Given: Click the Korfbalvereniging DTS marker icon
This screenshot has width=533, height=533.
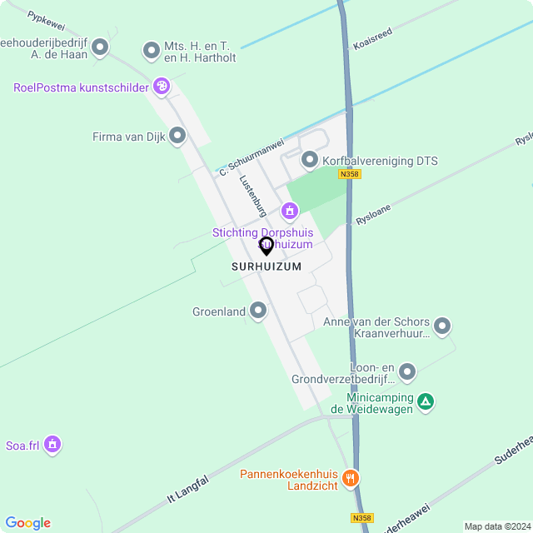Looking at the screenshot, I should click(310, 159).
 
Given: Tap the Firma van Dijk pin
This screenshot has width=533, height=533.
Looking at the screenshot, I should click(177, 135).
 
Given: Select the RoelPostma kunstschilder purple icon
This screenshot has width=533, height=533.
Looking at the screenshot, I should click(162, 86).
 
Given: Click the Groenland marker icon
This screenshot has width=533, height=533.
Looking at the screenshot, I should click(258, 311).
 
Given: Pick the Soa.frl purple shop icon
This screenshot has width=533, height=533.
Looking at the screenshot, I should click(52, 445).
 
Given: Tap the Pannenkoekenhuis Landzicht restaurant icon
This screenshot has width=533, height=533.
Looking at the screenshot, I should click(351, 478).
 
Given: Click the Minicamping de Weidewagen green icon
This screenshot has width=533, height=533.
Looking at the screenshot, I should click(426, 402).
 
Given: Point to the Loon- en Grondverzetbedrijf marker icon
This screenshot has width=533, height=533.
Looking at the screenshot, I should click(407, 371).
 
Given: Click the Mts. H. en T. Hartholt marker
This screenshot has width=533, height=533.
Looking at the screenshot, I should click(152, 51).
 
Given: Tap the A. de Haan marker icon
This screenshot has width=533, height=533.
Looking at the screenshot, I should click(101, 47).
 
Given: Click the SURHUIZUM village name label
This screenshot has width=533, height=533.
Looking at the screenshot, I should click(266, 266).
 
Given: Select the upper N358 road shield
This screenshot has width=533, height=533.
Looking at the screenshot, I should click(350, 174).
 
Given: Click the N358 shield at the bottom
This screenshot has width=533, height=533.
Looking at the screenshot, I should click(361, 518).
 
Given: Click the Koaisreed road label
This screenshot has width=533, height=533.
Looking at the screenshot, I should click(371, 37).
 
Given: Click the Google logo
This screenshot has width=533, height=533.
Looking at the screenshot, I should click(27, 522).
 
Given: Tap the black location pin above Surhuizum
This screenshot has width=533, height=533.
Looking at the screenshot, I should click(266, 246).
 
